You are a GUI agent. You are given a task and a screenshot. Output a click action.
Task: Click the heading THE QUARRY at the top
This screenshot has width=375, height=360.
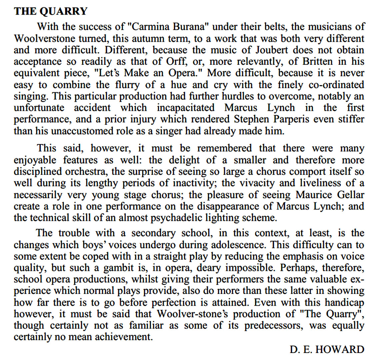[50, 11]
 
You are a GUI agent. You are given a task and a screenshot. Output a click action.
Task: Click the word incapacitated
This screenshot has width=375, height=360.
[186, 108]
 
